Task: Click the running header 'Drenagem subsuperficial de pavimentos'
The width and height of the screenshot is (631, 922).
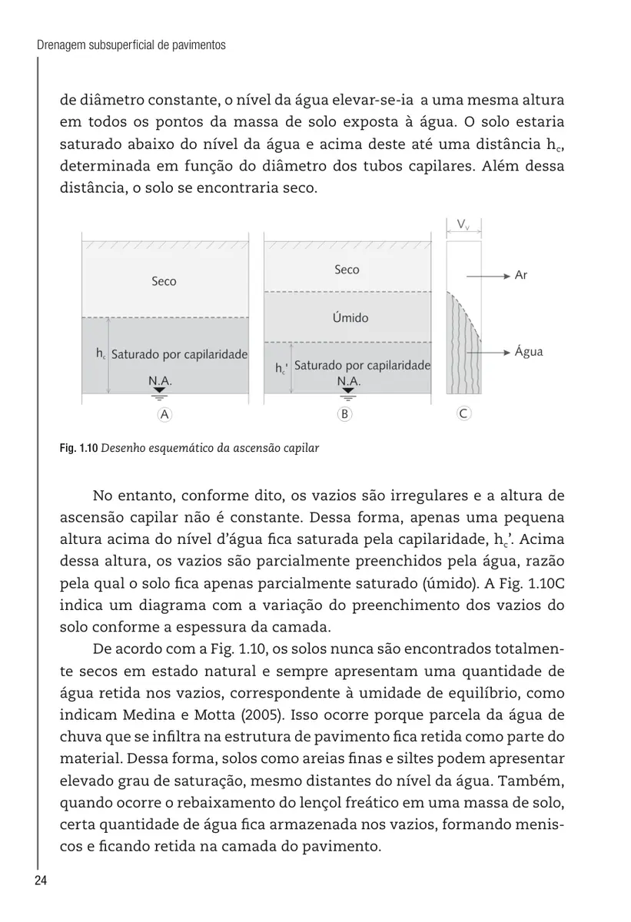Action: click(x=131, y=45)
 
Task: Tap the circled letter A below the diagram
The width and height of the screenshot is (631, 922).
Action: click(x=163, y=413)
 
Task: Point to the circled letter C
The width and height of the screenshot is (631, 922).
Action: click(x=463, y=413)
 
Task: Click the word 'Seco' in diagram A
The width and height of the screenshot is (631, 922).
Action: click(x=164, y=282)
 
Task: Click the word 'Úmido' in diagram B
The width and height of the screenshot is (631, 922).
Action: click(x=350, y=317)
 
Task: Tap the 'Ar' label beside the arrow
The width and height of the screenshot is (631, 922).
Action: click(x=520, y=275)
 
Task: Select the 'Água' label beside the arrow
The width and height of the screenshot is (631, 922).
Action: click(x=529, y=352)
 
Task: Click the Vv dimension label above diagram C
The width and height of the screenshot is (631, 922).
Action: click(x=463, y=224)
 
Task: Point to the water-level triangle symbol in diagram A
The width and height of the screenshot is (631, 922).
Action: click(x=159, y=392)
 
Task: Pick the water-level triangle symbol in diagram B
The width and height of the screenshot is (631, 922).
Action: click(x=348, y=392)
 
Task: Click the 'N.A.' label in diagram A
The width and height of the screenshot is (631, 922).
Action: click(x=160, y=380)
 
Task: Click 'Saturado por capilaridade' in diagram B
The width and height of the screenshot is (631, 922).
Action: click(x=361, y=366)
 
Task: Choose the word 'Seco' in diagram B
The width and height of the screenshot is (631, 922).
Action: click(x=347, y=270)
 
